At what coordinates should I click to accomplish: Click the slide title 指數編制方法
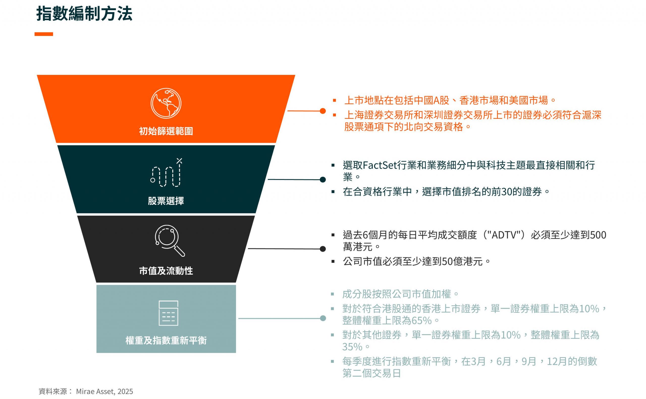pos(84,13)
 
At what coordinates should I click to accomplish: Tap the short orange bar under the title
pos(44,34)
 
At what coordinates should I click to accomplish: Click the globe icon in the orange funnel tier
pos(166,103)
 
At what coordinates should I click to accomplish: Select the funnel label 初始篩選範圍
pos(166,131)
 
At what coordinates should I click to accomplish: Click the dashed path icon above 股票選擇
pos(166,173)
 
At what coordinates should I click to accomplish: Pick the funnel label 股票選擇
pos(166,201)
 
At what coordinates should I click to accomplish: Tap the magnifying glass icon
pos(170,241)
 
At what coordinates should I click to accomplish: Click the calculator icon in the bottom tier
pos(168,313)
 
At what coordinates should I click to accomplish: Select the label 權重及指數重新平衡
pos(166,340)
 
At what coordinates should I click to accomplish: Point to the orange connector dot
pos(322,111)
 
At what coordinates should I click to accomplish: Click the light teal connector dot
pos(322,318)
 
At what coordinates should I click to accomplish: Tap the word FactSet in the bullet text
pos(380,165)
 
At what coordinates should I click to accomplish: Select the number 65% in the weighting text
pos(421,321)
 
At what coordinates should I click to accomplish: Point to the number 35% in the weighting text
pos(352,347)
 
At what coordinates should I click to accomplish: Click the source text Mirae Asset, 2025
pos(104,391)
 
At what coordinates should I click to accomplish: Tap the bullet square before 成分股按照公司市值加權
pos(333,294)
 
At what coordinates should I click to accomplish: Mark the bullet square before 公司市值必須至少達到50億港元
pos(333,262)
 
